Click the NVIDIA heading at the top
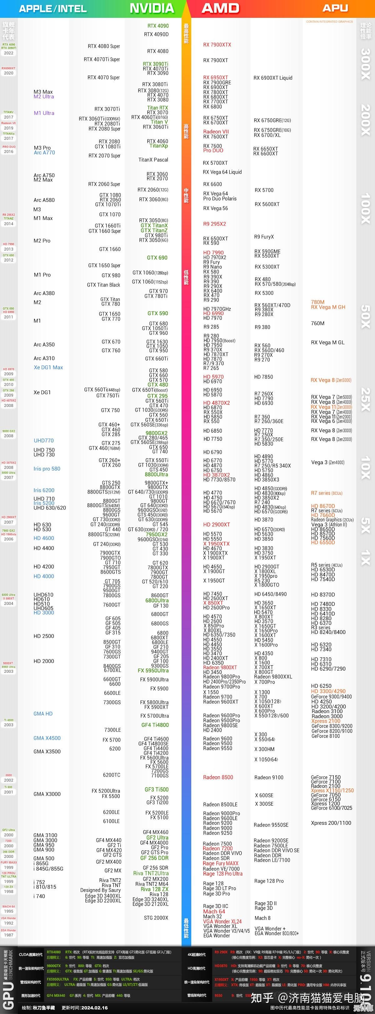coord(152,8)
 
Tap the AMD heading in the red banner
coord(220,8)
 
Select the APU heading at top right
coord(335,8)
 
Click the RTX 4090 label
coord(158,26)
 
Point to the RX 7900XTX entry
coord(217,45)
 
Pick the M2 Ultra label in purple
coord(44,96)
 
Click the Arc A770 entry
coord(44,153)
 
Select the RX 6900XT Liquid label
coord(273,78)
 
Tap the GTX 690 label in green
coord(157,258)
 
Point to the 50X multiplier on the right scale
coord(365,317)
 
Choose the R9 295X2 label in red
coord(214,224)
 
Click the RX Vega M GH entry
coord(328,307)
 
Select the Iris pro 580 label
coord(47,469)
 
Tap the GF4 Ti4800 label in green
coord(155,725)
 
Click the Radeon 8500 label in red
coord(218,778)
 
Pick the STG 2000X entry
coord(156,918)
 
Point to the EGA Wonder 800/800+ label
coord(276,933)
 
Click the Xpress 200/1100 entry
coord(331,823)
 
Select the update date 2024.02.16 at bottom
coord(94,1008)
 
